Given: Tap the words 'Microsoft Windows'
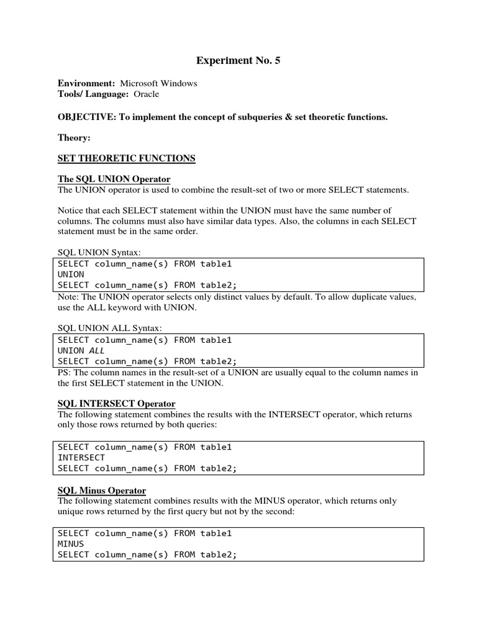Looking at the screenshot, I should [x=158, y=83].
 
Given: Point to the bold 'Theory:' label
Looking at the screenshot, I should [x=74, y=137].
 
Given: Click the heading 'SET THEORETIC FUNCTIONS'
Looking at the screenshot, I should [x=126, y=158].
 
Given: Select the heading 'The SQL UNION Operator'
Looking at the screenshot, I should [x=114, y=179].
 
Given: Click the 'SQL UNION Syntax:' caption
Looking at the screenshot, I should [x=99, y=252].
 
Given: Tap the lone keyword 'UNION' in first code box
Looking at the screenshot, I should [x=71, y=274].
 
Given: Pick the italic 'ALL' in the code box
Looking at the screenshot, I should [x=98, y=350].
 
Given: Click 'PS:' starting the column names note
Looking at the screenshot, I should [x=65, y=373].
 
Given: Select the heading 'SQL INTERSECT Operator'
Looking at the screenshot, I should [x=116, y=404].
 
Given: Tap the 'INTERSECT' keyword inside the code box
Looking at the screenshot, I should [x=81, y=458].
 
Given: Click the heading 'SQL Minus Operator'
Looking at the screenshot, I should [x=102, y=490].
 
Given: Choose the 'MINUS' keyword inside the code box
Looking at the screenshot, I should [x=71, y=544].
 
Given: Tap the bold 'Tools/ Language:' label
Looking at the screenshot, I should [x=93, y=94].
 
